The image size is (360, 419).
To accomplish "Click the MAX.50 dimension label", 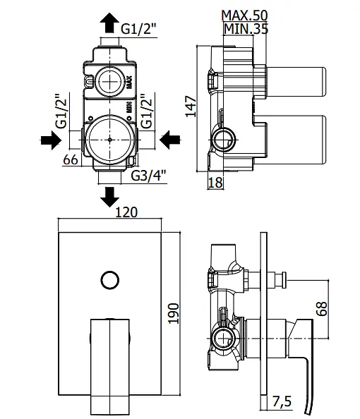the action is click(x=244, y=16).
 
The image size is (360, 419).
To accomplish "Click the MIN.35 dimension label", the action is click(x=246, y=29).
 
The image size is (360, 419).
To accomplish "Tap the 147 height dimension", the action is click(x=191, y=107).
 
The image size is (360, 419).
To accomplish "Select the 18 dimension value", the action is click(x=215, y=183).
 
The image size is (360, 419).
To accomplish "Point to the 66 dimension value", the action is click(x=71, y=159).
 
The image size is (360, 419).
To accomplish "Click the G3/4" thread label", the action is click(x=148, y=176).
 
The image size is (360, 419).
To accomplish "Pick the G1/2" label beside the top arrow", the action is click(x=138, y=29).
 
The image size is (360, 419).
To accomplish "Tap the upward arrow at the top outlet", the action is click(x=109, y=23).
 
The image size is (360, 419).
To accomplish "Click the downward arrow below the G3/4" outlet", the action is click(x=109, y=197).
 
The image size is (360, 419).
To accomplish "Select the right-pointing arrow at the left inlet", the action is click(x=51, y=140).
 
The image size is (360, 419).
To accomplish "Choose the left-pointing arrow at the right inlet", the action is click(x=170, y=140).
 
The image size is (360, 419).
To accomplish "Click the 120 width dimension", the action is click(x=126, y=212).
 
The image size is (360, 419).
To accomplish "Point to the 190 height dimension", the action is click(x=174, y=313).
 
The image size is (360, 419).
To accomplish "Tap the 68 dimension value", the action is click(x=322, y=309).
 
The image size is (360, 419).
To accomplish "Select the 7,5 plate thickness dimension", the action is click(x=282, y=401).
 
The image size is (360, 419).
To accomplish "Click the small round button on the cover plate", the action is click(x=110, y=280).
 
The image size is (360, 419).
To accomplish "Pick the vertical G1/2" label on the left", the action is click(x=61, y=111).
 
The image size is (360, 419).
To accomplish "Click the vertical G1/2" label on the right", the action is click(x=147, y=111).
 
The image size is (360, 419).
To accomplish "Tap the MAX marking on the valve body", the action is click(x=129, y=83).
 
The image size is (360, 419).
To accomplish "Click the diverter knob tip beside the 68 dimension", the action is click(x=284, y=279).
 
